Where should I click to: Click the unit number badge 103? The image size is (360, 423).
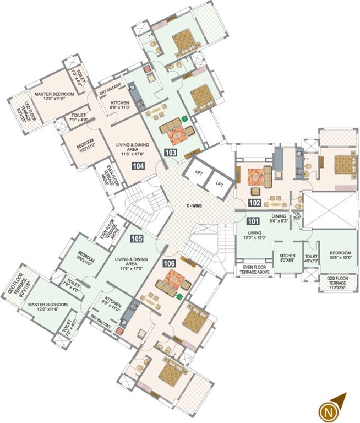pyautogui.click(x=170, y=153)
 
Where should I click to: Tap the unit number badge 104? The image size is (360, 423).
pyautogui.click(x=139, y=166)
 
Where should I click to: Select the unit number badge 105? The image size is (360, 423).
pyautogui.click(x=137, y=238)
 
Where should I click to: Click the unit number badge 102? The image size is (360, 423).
pyautogui.click(x=254, y=202)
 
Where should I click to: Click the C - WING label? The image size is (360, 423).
pyautogui.click(x=196, y=207)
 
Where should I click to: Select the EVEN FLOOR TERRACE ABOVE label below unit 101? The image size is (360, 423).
pyautogui.click(x=255, y=269)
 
